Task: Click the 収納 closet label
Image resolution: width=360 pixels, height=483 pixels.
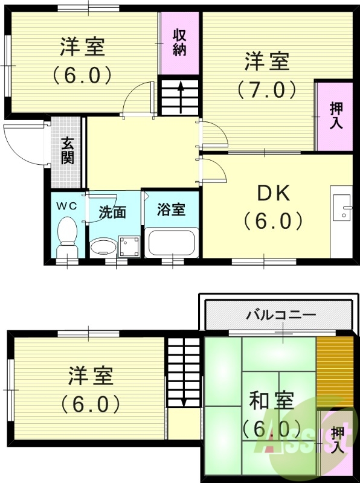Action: point(179,42)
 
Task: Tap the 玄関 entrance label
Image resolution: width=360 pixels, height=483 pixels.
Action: point(66,151)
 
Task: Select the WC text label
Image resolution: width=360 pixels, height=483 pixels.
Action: point(66,206)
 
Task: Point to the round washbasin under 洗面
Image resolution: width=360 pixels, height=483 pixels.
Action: point(104,246)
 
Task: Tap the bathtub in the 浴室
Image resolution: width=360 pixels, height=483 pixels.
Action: point(173,243)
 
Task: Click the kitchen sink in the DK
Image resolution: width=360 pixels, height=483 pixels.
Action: point(342,208)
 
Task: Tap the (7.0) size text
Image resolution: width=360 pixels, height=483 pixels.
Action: point(266,90)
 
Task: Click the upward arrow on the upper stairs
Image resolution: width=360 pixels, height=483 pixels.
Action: point(180,94)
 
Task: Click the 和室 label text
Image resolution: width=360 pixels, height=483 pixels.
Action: point(271,401)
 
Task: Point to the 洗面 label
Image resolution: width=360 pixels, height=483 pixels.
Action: point(112,212)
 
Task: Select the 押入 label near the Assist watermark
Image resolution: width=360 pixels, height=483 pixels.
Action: point(338,440)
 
